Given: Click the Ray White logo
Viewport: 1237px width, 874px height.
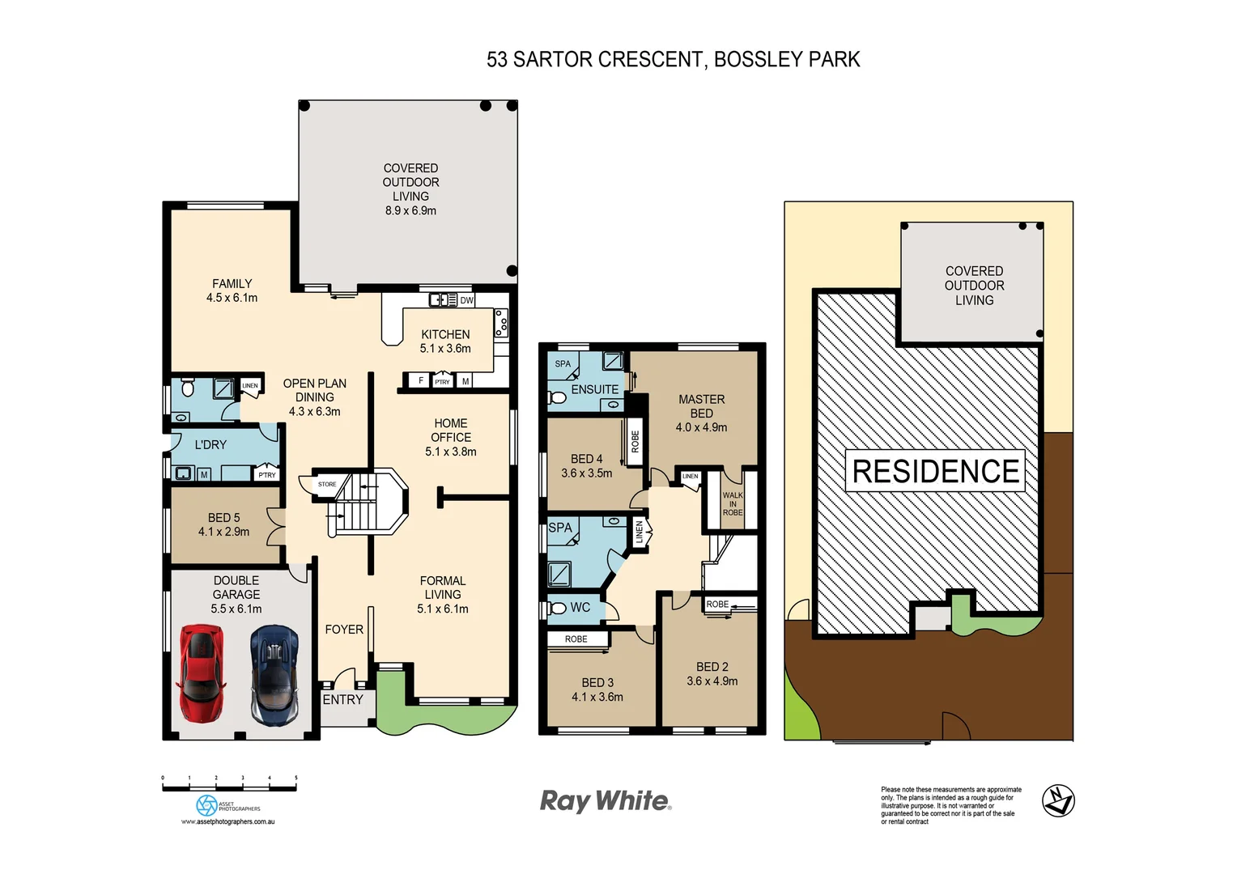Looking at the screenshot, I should pos(606,801).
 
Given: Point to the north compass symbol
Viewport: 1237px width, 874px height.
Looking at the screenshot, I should pos(1057,801).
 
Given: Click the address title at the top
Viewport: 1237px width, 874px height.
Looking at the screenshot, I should pos(673,60).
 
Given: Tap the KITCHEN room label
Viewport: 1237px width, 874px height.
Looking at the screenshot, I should pos(445,334).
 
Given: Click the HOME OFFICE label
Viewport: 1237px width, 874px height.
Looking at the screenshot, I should pos(451,430).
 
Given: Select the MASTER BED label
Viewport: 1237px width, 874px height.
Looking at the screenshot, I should pos(701,406).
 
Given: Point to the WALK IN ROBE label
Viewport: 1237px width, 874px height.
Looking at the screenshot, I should pos(733,503).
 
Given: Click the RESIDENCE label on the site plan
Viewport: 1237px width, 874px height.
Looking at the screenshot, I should pos(935,472).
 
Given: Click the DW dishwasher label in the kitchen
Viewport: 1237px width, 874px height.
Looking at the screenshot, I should pos(466,300).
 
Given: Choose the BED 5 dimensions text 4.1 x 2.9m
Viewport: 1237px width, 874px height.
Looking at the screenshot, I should pos(223,532).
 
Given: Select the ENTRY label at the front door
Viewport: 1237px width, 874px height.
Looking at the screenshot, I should pos(342,700).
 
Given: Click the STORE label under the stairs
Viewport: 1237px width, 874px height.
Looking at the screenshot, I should pos(327,484).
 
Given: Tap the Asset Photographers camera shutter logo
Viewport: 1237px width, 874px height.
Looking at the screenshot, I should pos(206,805).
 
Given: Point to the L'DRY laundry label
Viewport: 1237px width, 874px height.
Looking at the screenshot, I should pos(210,445).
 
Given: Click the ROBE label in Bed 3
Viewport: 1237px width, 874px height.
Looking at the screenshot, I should pos(576,639).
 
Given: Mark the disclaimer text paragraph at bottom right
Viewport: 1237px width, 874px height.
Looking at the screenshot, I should pos(950,805).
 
